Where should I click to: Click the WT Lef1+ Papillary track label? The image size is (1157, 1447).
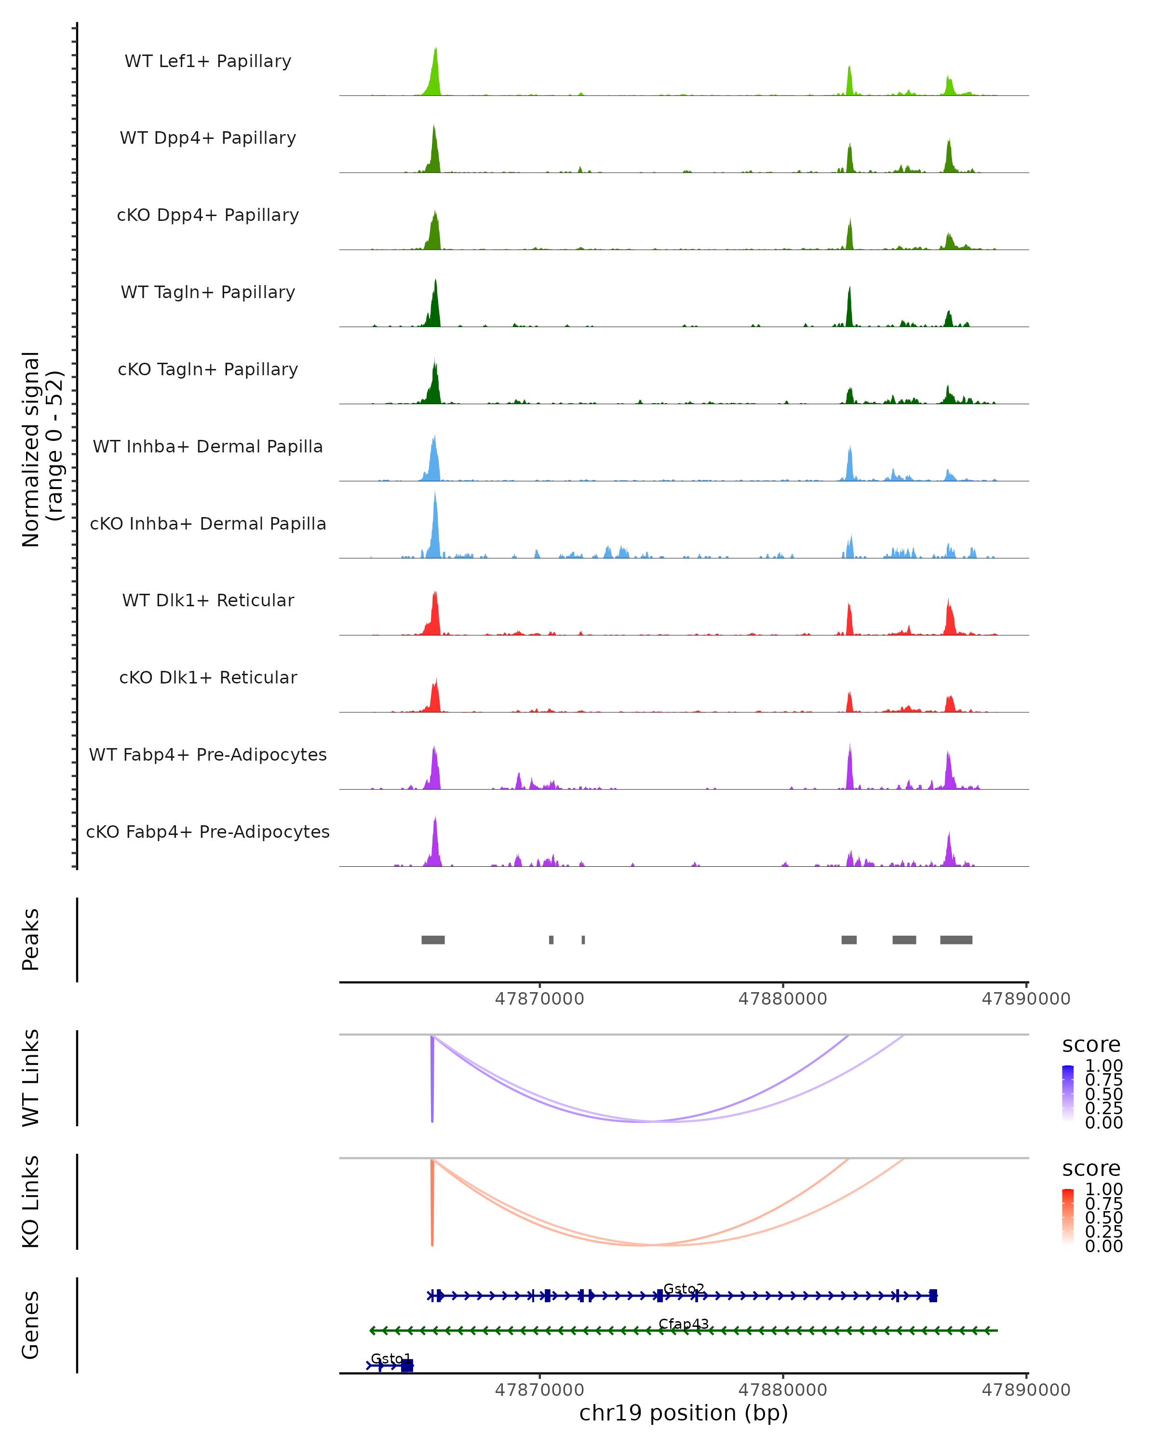pos(208,61)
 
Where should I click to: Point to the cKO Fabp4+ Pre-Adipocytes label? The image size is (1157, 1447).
pos(208,832)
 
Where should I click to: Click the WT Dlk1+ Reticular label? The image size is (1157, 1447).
pos(208,600)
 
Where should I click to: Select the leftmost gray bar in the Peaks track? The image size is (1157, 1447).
pos(432,940)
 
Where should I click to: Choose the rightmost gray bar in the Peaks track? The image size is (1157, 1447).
pos(956,940)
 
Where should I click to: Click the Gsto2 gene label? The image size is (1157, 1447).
pos(684,1289)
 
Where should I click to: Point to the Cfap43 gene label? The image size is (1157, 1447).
pos(684,1324)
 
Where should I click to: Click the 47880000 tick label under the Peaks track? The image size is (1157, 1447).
pos(783,999)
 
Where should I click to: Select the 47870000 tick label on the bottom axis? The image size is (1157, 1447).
pos(539,1390)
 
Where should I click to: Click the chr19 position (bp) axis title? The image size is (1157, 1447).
pos(684,1413)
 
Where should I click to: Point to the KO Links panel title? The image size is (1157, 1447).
pos(31,1201)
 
